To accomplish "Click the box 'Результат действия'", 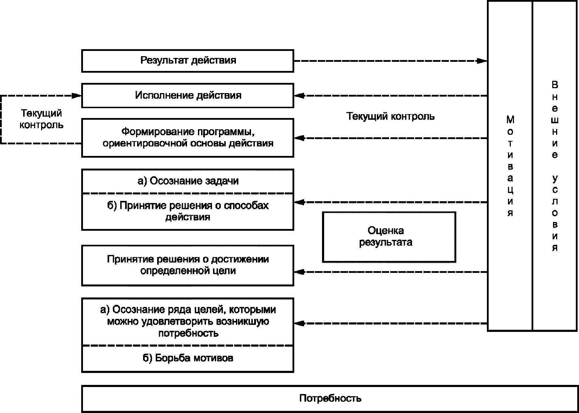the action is [x=188, y=61].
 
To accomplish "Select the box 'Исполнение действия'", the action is [x=188, y=96].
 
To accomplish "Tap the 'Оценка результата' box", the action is [x=389, y=237].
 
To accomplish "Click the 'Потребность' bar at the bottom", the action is [x=330, y=399].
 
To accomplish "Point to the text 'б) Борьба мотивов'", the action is [x=188, y=358].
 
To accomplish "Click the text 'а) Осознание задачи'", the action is [x=188, y=181].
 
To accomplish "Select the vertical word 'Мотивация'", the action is [x=510, y=166].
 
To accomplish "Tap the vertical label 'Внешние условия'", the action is [x=555, y=166].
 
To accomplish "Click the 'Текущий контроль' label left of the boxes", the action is [x=41, y=119].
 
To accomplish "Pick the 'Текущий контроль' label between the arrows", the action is [x=390, y=117].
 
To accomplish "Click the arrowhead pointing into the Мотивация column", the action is [x=482, y=61].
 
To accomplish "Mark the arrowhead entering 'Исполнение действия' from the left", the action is [x=77, y=96].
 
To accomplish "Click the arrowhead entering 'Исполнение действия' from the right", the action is [x=299, y=96].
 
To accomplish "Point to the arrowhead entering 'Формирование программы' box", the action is [x=299, y=138].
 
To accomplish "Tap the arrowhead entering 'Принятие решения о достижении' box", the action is [x=299, y=272].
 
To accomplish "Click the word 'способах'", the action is [x=246, y=205].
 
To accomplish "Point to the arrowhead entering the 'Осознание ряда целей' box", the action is [x=299, y=323].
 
